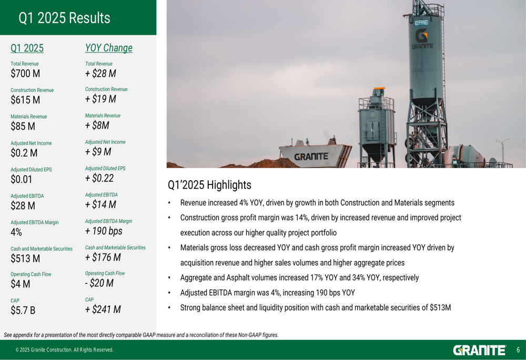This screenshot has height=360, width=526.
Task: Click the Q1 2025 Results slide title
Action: (64, 18)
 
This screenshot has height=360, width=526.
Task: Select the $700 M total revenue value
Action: (25, 74)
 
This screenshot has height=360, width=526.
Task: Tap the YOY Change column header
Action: (109, 48)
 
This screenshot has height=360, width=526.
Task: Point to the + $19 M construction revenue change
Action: (100, 99)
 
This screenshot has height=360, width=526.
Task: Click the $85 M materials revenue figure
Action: (23, 126)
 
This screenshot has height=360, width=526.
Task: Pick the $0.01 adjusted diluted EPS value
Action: (21, 179)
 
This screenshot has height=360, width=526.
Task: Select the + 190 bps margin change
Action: (104, 231)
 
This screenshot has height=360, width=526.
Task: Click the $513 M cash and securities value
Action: (25, 259)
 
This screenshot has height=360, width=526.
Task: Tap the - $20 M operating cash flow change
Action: (99, 283)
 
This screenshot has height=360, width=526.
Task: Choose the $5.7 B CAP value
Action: (23, 311)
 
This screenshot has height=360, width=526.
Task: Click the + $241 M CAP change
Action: (103, 310)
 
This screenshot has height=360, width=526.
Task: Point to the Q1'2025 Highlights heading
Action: (209, 185)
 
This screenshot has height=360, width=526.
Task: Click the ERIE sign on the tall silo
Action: (421, 23)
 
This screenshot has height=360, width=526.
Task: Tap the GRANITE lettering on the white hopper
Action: (311, 157)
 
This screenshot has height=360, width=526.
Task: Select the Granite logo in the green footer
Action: (479, 351)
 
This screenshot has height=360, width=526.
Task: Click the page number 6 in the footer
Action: (518, 350)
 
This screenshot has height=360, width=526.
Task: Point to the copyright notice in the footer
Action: (64, 350)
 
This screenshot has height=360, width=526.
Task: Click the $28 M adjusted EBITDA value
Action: (23, 206)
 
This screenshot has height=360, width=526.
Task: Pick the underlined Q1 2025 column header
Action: (27, 48)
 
